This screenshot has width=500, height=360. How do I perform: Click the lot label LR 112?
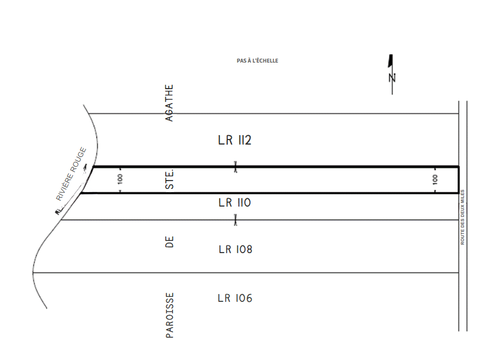tap(234, 140)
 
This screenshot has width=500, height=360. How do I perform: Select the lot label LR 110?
tap(234, 203)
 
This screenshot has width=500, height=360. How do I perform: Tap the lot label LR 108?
tap(236, 249)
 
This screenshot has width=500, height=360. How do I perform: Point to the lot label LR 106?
tap(235, 298)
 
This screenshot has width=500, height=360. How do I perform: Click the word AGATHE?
tap(169, 103)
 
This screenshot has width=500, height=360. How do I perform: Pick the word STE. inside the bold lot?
tap(170, 179)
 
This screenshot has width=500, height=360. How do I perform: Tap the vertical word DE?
tap(170, 242)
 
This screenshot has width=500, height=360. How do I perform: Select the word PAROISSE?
tap(170, 315)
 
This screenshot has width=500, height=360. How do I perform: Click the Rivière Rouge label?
tap(71, 174)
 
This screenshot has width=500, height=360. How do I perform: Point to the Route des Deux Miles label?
tap(462, 217)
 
